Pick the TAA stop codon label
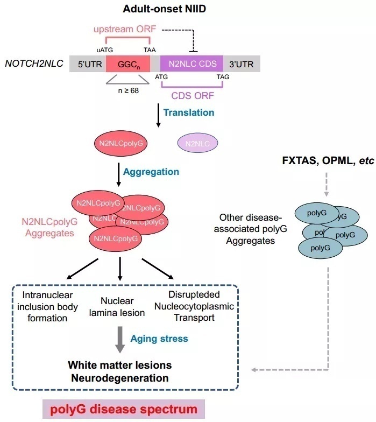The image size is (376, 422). [x=150, y=49]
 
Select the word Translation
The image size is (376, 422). [x=188, y=112]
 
